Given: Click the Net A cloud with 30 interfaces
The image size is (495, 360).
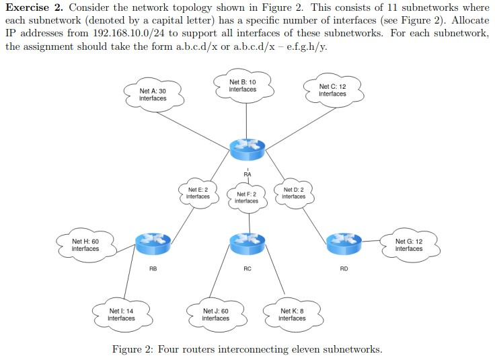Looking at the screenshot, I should pos(153,95).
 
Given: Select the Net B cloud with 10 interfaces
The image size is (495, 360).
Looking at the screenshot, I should pos(242,86).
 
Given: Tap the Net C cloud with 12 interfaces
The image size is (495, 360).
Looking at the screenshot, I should pos(332,90).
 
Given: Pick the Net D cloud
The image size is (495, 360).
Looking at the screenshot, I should pos(294,193).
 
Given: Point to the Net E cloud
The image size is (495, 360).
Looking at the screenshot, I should pos(198,193).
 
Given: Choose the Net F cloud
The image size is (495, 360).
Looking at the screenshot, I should pos(246,197).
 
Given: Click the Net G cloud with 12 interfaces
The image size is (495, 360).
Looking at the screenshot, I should pos(409,245).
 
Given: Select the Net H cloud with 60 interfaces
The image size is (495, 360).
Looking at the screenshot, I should pos(85,245).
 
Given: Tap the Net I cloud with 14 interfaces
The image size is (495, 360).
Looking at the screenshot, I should pos(121,314).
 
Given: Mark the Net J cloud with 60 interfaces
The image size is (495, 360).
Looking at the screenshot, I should pos(216,314).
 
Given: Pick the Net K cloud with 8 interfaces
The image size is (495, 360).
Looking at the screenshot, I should pos(292,314).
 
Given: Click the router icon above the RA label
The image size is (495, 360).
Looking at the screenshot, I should pos(247,148).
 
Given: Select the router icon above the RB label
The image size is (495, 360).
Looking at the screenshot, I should pos(153,242).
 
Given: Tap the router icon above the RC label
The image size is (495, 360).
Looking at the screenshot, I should pos(247,242).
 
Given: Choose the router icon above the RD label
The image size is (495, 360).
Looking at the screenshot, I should pos(344,242).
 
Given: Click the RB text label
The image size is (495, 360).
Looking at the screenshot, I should pos(153,268).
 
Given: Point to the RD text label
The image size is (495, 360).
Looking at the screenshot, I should pos(344,268).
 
